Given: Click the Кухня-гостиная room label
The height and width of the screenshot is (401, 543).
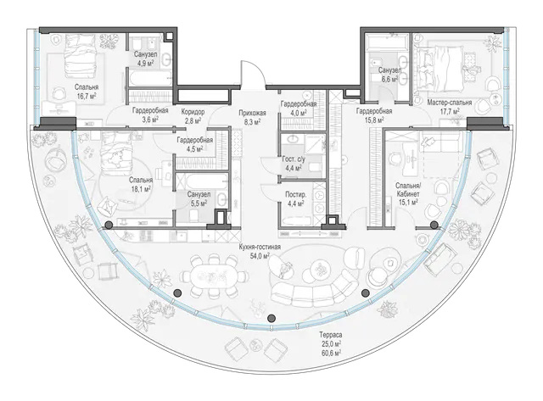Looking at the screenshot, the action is click(x=260, y=247).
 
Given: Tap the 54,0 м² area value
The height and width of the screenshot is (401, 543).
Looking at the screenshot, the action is click(x=260, y=256).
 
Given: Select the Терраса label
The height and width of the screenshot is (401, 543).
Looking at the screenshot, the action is click(x=330, y=335).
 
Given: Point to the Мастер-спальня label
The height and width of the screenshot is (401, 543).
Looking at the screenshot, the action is click(x=450, y=103).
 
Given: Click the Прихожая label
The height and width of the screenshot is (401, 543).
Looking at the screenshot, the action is click(x=252, y=113).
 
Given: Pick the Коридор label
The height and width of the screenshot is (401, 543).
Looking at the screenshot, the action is click(x=193, y=112).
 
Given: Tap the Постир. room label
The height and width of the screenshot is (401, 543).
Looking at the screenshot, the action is click(x=295, y=195).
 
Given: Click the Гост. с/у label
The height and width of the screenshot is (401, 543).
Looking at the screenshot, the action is click(x=294, y=159).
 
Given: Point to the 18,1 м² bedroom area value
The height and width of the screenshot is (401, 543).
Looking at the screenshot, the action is click(x=141, y=189).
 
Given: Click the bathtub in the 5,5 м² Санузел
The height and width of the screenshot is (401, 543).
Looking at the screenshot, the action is click(x=202, y=181).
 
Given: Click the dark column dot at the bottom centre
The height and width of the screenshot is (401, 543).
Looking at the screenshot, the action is click(x=271, y=318).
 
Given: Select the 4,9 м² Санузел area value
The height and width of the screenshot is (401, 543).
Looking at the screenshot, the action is click(x=145, y=64).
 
